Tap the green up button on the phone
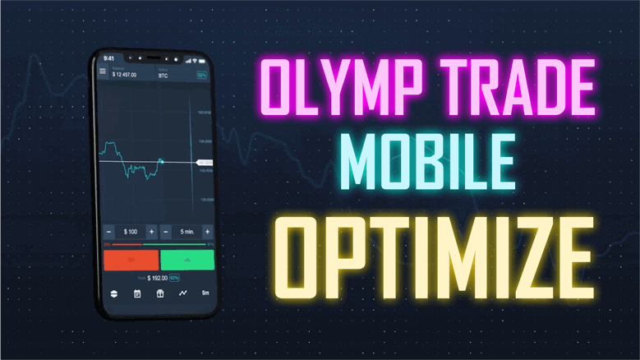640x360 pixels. click(186, 260)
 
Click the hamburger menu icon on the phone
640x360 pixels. click(103, 72)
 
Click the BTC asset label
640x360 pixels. click(163, 75)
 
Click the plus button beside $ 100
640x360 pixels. click(152, 232)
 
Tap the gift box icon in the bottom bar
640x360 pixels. click(160, 293)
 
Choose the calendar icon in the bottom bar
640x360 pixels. click(137, 293)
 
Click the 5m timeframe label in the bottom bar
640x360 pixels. click(205, 293)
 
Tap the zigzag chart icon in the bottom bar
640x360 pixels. click(183, 293)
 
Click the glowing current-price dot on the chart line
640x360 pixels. click(162, 161)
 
